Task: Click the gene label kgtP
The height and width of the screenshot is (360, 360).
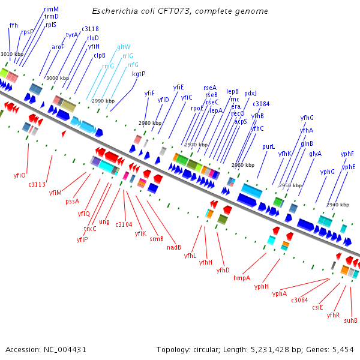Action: pyautogui.click(x=139, y=74)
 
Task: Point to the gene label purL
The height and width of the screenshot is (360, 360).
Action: pyautogui.click(x=269, y=146)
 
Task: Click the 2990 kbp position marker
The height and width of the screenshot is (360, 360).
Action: pyautogui.click(x=103, y=101)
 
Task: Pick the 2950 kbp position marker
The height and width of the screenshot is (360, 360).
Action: pyautogui.click(x=290, y=185)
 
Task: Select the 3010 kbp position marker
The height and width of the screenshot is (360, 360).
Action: pyautogui.click(x=12, y=54)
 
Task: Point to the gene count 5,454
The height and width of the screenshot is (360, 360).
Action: pyautogui.click(x=343, y=350)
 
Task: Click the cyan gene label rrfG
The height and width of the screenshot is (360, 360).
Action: pyautogui.click(x=133, y=64)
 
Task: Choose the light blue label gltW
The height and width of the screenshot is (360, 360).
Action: pyautogui.click(x=124, y=46)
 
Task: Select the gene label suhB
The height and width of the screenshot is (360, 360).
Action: pyautogui.click(x=350, y=320)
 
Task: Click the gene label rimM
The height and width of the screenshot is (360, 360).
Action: pyautogui.click(x=52, y=9)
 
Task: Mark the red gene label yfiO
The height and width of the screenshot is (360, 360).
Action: pyautogui.click(x=19, y=175)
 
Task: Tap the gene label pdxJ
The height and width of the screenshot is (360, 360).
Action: pyautogui.click(x=250, y=93)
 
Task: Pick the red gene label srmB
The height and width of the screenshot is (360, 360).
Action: pyautogui.click(x=156, y=239)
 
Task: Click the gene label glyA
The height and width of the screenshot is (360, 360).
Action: pyautogui.click(x=316, y=154)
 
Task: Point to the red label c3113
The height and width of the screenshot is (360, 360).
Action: pyautogui.click(x=37, y=185)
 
